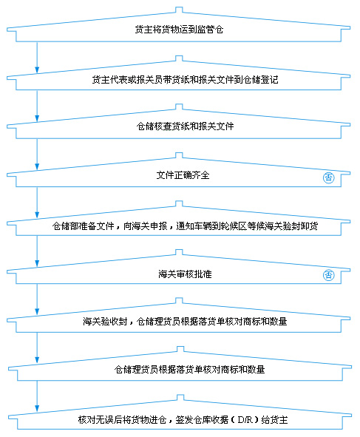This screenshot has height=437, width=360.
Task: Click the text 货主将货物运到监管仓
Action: pos(179,30)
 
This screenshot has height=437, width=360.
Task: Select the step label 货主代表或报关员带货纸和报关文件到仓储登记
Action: pos(185,80)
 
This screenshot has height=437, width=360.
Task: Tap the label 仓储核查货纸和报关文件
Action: pos(185,126)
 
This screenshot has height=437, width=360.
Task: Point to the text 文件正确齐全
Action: pos(183,175)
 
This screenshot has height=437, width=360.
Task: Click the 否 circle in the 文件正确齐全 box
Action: pos(328,177)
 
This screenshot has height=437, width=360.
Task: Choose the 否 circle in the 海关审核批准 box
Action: pos(328,275)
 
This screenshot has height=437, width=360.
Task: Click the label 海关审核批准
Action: pos(185,274)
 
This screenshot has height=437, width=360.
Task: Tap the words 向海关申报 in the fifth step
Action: pos(145,226)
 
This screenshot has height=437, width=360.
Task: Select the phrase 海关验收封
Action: pos(105,322)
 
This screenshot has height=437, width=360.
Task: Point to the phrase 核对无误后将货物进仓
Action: pos(122,419)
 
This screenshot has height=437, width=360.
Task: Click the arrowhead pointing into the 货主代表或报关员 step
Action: pos(37,70)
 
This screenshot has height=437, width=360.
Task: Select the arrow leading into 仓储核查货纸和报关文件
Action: pos(37,106)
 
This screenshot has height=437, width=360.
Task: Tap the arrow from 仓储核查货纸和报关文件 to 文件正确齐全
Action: pos(37,155)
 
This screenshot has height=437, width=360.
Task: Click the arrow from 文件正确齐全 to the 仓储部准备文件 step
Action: pos(37,203)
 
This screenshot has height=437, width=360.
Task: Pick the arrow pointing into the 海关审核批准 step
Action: pos(37,251)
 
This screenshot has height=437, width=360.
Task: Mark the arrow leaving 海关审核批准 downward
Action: pos(37,299)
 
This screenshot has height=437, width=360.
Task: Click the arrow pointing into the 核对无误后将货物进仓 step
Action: pos(37,396)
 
